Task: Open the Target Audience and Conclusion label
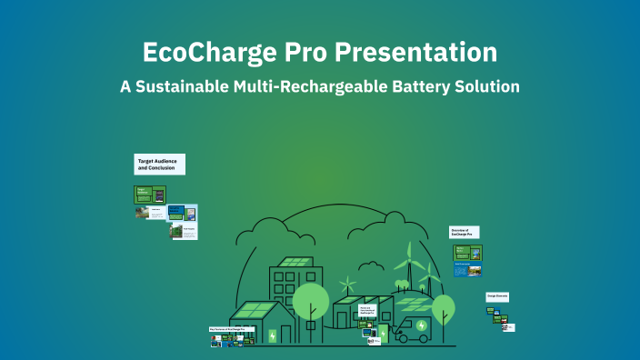pyautogui.click(x=160, y=164)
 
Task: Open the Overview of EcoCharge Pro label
pyautogui.click(x=465, y=233)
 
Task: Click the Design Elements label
pyautogui.click(x=497, y=295)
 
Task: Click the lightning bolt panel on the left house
pyautogui.click(x=272, y=335)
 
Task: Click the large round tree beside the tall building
pyautogui.click(x=311, y=300)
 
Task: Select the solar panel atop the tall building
pyautogui.click(x=294, y=262)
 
